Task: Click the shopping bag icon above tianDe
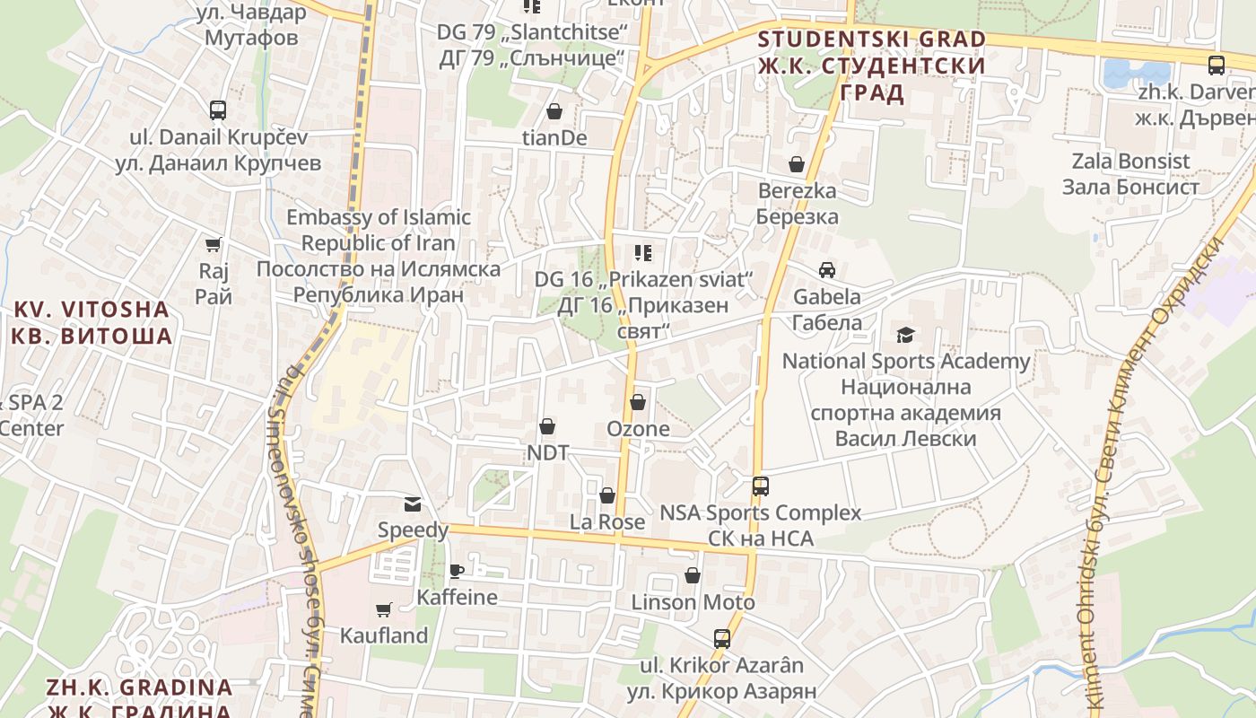(554, 111)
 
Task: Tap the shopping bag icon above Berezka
(796, 164)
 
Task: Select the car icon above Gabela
(826, 269)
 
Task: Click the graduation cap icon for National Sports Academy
(905, 335)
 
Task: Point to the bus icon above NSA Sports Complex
(760, 486)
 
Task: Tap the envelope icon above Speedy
(412, 503)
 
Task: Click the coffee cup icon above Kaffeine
(457, 571)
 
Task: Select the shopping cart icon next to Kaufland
(384, 609)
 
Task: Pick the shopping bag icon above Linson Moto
(693, 575)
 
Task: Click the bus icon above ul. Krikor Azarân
(721, 639)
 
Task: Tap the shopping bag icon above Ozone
(638, 402)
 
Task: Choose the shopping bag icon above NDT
(547, 426)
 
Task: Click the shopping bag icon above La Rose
(607, 495)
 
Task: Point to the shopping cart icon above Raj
(214, 244)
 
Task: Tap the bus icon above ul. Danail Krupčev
(218, 110)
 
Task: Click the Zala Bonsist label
(1130, 174)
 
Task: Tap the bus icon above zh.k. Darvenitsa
(1216, 65)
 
